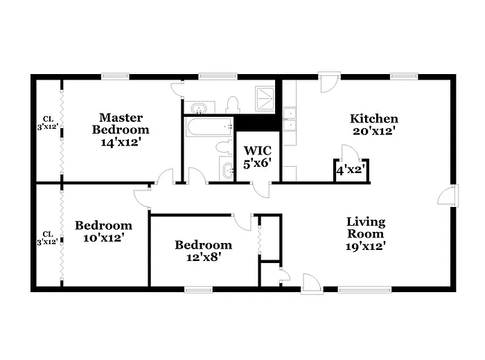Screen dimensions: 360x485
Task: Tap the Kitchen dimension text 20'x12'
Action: [x=373, y=130]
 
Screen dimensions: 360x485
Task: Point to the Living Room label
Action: [x=365, y=222]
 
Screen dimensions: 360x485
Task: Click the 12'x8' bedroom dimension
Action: [x=202, y=256]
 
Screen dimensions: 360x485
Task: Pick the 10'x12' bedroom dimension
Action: [x=103, y=237]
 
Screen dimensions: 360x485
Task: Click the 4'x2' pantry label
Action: [x=351, y=169]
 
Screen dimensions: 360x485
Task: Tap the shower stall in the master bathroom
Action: [x=265, y=98]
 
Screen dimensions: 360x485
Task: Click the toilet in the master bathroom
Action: [x=232, y=105]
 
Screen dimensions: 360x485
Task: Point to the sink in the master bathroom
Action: [x=200, y=108]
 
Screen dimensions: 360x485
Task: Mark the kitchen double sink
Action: [x=289, y=119]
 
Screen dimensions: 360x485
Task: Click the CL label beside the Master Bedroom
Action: [x=47, y=123]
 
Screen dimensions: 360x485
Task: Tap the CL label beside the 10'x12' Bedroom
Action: [x=47, y=237]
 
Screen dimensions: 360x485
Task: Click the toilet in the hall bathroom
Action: [x=223, y=147]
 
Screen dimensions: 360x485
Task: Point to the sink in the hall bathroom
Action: [x=228, y=168]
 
